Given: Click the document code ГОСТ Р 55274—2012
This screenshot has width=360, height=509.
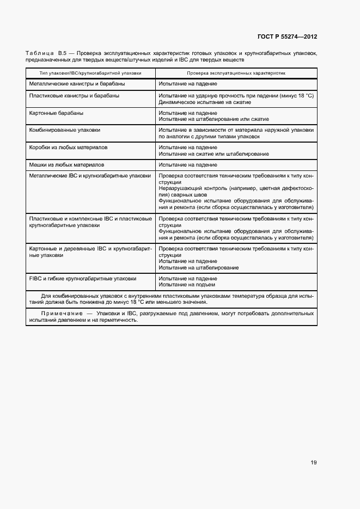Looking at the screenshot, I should pyautogui.click(x=287, y=37).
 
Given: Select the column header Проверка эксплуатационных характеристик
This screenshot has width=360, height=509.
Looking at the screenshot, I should pyautogui.click(x=236, y=72).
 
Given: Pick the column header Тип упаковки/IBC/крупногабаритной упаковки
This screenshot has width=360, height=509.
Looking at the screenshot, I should pyautogui.click(x=90, y=72).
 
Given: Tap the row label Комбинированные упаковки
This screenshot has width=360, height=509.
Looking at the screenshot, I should pyautogui.click(x=64, y=130).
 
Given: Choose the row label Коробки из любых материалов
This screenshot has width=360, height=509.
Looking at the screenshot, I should pyautogui.click(x=68, y=148).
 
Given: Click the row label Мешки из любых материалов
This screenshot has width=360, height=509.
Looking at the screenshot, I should pyautogui.click(x=66, y=164).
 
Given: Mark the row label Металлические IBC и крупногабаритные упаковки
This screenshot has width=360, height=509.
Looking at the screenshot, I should pyautogui.click(x=90, y=176).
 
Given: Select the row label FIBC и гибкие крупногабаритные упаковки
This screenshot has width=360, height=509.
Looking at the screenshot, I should pyautogui.click(x=82, y=278).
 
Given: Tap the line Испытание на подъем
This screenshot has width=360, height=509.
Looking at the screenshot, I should pyautogui.click(x=187, y=284).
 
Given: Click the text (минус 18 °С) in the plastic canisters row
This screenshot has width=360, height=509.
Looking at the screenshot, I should pyautogui.click(x=294, y=96).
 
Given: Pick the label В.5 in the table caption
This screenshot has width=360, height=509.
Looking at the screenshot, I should pyautogui.click(x=62, y=53).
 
